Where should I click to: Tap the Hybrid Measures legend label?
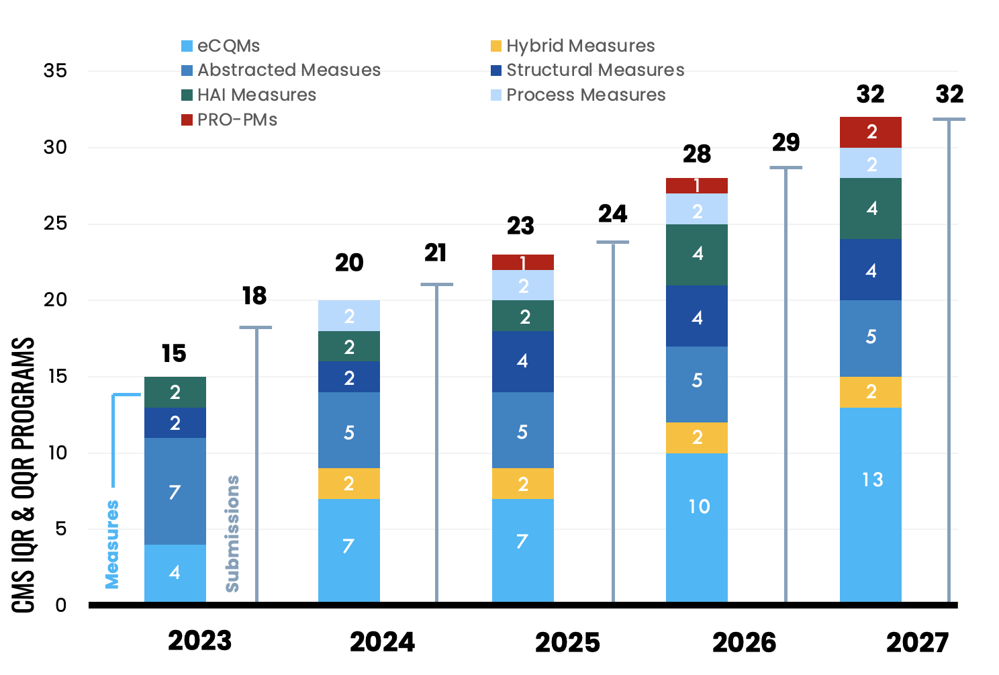pyautogui.click(x=580, y=46)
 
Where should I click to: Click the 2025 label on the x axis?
pyautogui.click(x=567, y=643)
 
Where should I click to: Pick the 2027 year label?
pyautogui.click(x=917, y=643)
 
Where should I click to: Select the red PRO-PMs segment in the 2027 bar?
pyautogui.click(x=871, y=132)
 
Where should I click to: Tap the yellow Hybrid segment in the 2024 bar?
pyautogui.click(x=349, y=484)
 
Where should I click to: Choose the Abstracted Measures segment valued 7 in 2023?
pyautogui.click(x=175, y=491)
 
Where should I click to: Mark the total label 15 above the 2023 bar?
pyautogui.click(x=174, y=354)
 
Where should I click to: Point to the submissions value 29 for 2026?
pyautogui.click(x=786, y=142)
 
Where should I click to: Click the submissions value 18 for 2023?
pyautogui.click(x=254, y=296)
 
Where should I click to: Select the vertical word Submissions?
pyautogui.click(x=232, y=534)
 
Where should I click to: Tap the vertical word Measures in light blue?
pyautogui.click(x=112, y=544)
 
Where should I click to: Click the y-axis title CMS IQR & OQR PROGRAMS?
pyautogui.click(x=24, y=475)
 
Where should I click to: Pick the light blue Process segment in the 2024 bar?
pyautogui.click(x=349, y=316)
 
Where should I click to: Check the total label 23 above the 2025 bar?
pyautogui.click(x=521, y=226)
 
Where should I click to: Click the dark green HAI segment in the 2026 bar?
pyautogui.click(x=697, y=255)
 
